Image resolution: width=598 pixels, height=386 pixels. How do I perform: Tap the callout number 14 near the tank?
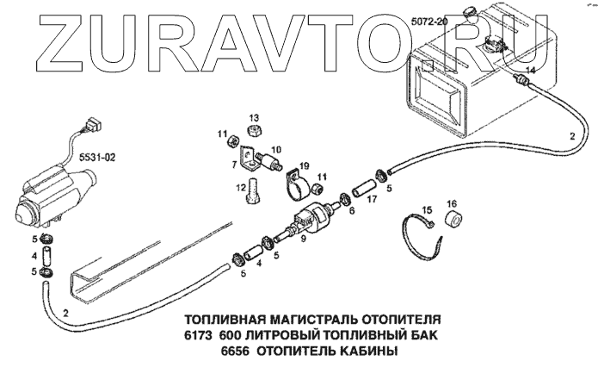tap(530, 70)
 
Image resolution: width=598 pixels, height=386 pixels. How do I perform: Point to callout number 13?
tap(254, 117)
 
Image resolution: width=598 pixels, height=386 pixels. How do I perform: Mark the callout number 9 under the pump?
tap(302, 240)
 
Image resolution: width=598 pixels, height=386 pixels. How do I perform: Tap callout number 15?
tap(425, 209)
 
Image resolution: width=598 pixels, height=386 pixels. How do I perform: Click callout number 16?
tap(452, 204)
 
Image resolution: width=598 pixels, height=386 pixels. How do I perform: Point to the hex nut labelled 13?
tap(254, 131)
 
